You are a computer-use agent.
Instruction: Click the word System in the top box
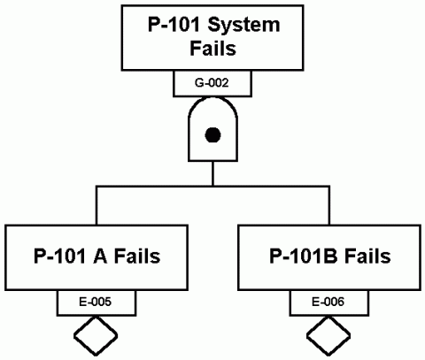coord(243,25)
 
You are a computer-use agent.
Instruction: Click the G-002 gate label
coord(212,83)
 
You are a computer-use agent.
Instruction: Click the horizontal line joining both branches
coord(212,188)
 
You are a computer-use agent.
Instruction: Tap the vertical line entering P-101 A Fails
coord(97,205)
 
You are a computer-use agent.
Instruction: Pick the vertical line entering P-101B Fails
coord(329,205)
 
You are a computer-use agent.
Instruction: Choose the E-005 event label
coord(97,303)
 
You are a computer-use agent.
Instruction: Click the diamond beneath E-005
coord(97,336)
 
